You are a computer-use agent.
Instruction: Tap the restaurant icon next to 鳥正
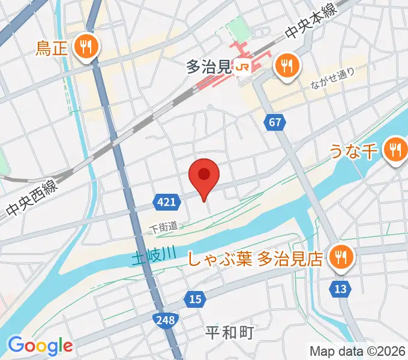pos(88,46)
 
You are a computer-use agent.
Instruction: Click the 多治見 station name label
pos(209,67)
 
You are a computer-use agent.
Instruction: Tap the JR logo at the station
pos(243,67)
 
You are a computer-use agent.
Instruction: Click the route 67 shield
pos(274,123)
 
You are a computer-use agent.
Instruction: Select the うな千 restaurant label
pos(352,152)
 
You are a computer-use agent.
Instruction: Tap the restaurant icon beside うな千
pos(394,149)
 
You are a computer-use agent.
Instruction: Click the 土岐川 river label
pos(154,257)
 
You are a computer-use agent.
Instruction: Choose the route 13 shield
pos(340,290)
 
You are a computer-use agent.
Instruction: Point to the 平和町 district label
pos(230,332)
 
